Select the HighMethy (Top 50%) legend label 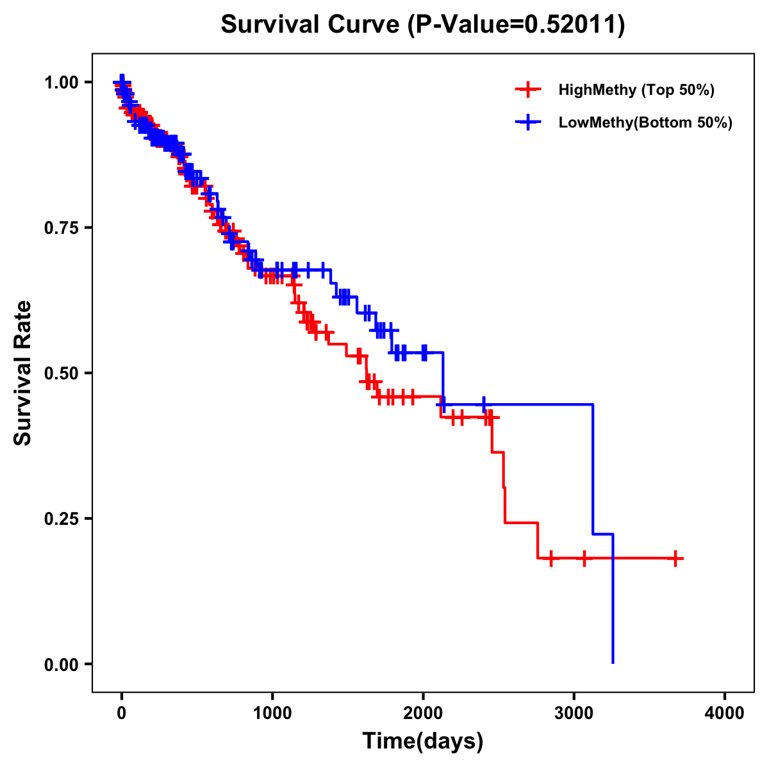(x=636, y=90)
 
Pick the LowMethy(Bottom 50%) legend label (x=645, y=123)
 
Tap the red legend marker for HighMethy (x=528, y=90)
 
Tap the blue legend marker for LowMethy (x=528, y=123)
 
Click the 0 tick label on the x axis (x=122, y=713)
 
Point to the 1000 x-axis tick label (x=272, y=713)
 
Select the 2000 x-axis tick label (x=423, y=713)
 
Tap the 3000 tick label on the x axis (x=574, y=713)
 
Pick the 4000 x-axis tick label (x=725, y=713)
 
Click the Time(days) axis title (x=423, y=741)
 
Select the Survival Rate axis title (x=24, y=373)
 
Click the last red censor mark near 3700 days (x=675, y=559)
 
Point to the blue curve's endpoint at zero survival (x=613, y=662)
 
